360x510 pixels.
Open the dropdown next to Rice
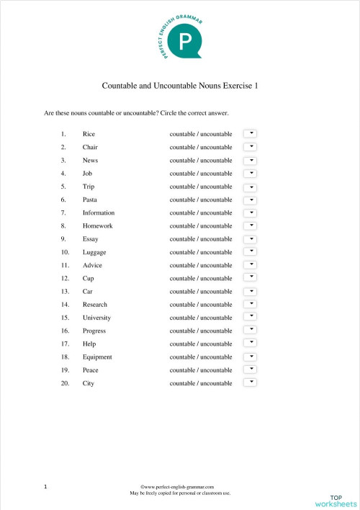tap(250, 133)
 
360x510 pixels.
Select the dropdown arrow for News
tap(250, 160)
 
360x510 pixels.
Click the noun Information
tap(99, 212)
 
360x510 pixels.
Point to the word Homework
tap(97, 225)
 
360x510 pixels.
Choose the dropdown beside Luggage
tap(250, 251)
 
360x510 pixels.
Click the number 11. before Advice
tap(65, 265)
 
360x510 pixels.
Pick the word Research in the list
tap(96, 305)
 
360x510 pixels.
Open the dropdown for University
tap(250, 317)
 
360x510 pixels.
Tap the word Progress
tap(94, 331)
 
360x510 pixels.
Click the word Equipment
tap(97, 357)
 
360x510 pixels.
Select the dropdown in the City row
tap(250, 382)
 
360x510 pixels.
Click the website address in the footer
tap(179, 488)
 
